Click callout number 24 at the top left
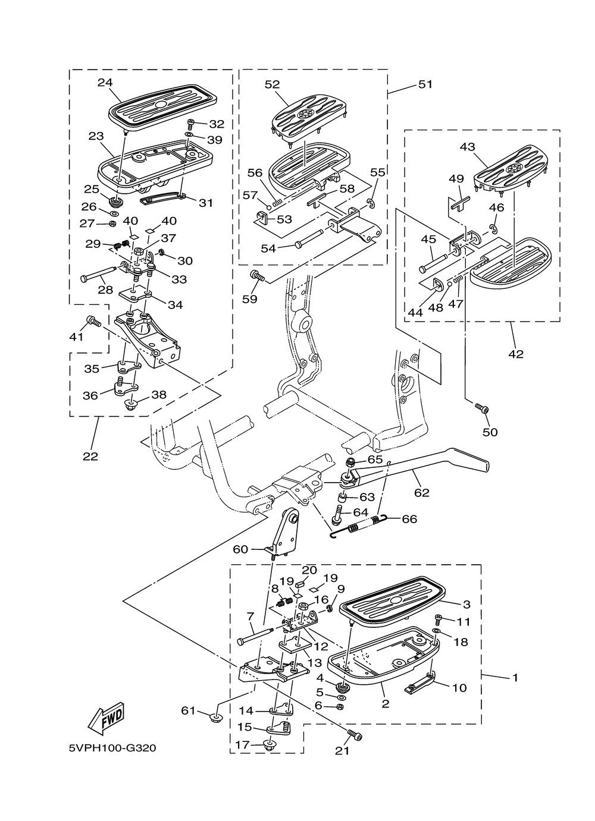coord(105,83)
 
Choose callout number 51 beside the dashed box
coord(425,84)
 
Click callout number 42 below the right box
coord(516,354)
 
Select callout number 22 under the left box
coord(90,457)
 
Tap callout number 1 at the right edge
coord(515,677)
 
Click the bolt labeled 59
coord(257,276)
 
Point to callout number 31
coord(206,203)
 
